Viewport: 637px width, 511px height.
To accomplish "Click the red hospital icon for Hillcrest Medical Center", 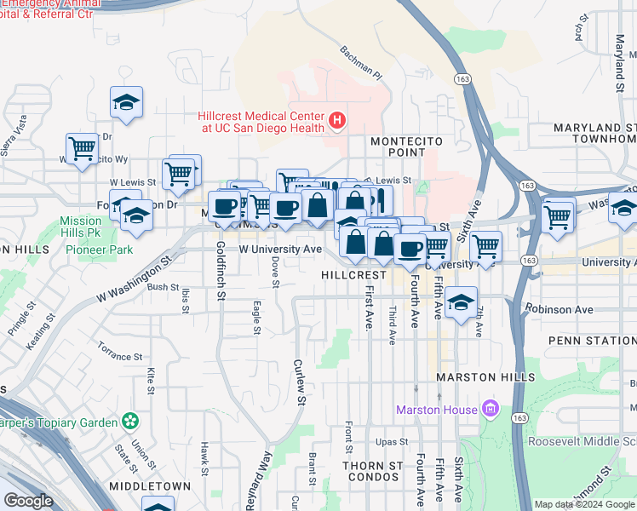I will pos(337,120).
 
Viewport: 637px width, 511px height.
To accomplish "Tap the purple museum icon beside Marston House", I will pos(490,410).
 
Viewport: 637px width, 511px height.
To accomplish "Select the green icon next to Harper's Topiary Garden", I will pos(129,420).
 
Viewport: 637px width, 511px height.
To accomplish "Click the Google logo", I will pos(29,501).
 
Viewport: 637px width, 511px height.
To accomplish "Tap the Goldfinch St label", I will pos(221,270).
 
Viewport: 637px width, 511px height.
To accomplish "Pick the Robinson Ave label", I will pos(559,309).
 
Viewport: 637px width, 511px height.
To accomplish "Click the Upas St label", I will pos(393,443).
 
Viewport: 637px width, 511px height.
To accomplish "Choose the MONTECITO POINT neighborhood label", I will pos(397,146).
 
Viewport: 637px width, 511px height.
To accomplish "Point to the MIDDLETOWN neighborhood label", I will pos(150,485).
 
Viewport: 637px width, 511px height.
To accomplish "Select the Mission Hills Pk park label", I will pos(81,227).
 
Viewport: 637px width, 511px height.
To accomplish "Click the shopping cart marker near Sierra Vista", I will pos(82,150).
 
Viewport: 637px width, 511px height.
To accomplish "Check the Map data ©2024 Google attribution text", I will pos(584,504).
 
